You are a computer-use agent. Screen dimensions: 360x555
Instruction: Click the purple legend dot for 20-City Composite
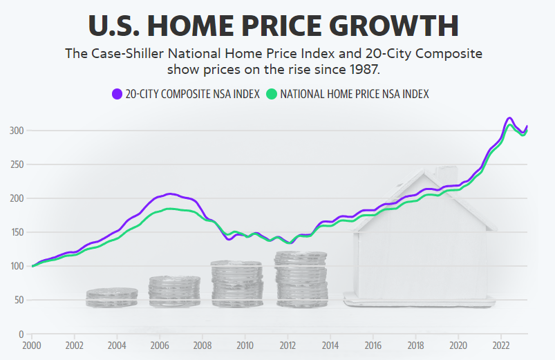pyautogui.click(x=116, y=94)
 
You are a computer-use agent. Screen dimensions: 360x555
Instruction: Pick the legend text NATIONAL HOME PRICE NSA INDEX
pyautogui.click(x=354, y=94)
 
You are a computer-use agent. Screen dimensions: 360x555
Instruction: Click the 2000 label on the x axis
pyautogui.click(x=32, y=345)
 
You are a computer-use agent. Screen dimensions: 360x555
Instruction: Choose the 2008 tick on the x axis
pyautogui.click(x=202, y=345)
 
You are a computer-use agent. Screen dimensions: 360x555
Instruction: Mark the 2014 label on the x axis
pyautogui.click(x=330, y=345)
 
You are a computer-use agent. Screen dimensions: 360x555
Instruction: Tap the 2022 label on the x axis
pyautogui.click(x=500, y=345)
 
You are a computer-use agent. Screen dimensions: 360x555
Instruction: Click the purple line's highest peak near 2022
pyautogui.click(x=509, y=118)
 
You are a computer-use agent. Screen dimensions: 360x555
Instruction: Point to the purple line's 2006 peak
pyautogui.click(x=171, y=193)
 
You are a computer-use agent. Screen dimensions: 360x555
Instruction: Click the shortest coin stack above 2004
pyautogui.click(x=111, y=298)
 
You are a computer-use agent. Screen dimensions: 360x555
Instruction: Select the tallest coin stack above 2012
pyautogui.click(x=301, y=279)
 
